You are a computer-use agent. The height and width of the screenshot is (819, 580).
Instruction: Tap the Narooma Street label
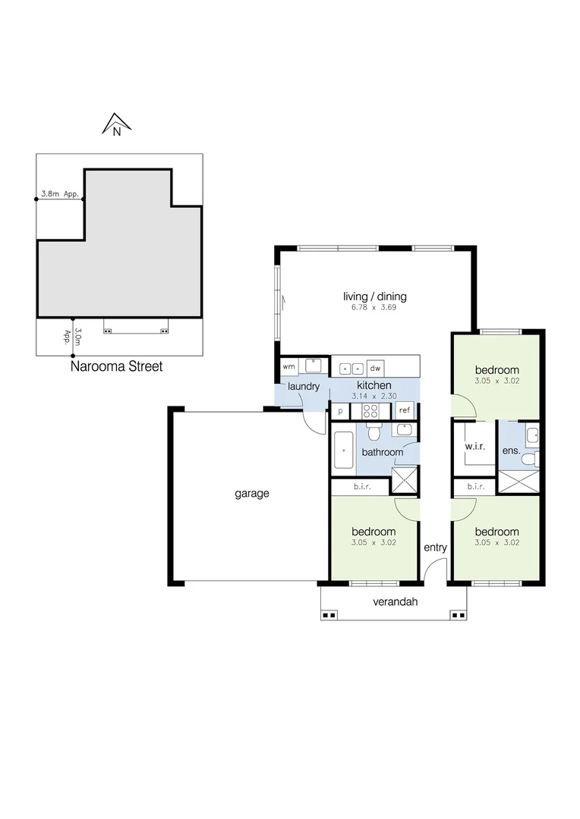116,366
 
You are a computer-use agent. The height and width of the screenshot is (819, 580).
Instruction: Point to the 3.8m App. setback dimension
60,194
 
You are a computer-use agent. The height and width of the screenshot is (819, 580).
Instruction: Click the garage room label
251,494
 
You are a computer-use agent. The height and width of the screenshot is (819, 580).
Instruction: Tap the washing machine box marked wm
288,366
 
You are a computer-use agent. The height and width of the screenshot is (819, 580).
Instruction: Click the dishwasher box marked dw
374,368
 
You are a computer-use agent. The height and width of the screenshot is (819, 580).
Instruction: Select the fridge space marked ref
405,410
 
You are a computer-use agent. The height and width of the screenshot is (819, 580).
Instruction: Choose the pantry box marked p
340,410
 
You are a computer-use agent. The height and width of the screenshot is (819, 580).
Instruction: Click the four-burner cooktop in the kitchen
371,410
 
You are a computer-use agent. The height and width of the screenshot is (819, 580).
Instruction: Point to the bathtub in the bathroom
343,450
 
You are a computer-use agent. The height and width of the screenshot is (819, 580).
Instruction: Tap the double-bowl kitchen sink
351,368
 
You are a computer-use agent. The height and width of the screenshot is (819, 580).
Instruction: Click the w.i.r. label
474,447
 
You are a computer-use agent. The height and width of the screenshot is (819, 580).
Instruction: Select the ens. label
511,451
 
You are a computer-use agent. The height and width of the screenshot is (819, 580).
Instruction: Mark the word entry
435,548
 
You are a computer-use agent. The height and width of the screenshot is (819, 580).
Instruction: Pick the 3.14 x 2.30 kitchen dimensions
374,395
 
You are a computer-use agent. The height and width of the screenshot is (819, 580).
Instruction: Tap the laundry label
304,386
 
